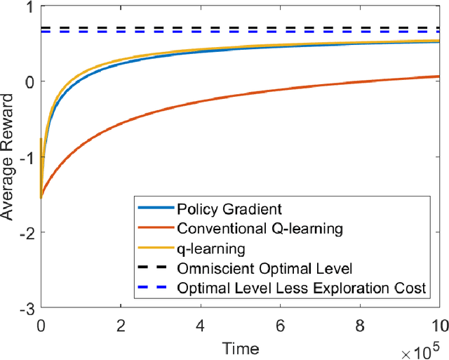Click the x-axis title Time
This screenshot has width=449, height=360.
coord(239,347)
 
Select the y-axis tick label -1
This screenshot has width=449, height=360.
coord(27,157)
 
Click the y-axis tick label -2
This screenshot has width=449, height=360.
coord(27,232)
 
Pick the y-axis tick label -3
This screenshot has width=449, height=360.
coord(27,307)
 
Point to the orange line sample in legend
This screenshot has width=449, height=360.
coord(154,228)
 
